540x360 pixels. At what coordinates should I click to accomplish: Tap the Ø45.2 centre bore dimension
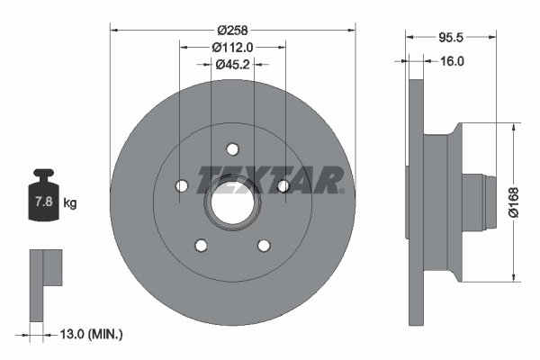pos(232,64)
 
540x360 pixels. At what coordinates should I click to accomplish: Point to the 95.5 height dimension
pos(451,39)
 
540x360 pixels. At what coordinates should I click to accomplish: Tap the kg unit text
pos(70,204)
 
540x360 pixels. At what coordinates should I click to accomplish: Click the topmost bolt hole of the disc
pos(232,149)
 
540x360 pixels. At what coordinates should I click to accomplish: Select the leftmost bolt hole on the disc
pos(180,185)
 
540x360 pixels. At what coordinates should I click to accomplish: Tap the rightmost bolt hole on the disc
pos(283,185)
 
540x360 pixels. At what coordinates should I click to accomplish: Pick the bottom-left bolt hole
pos(201,246)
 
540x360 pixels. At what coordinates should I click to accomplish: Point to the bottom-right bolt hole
pos(264,246)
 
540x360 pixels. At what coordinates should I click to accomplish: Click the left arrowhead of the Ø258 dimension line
pos(113,29)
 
